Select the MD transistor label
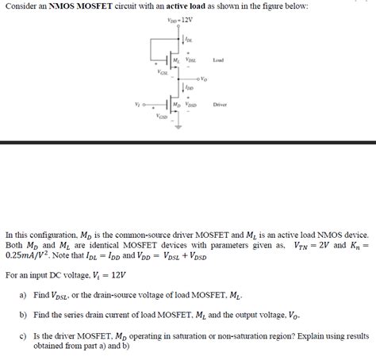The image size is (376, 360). coord(176,105)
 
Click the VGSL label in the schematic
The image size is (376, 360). coord(162,73)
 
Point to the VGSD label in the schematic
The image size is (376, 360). coord(162,117)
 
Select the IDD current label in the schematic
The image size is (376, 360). coord(190,88)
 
